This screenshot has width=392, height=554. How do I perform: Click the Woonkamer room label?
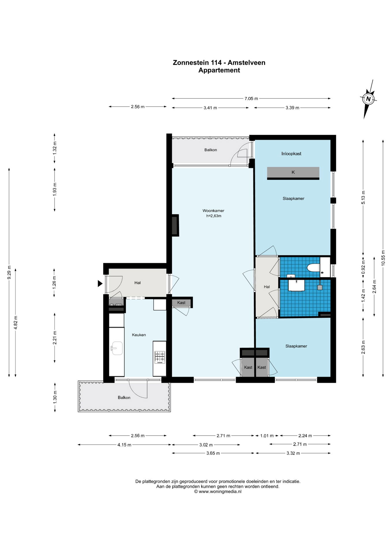coord(213,211)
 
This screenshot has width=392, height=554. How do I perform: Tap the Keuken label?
coord(139,335)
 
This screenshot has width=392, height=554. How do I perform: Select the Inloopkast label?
coord(291,154)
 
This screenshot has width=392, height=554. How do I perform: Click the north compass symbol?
coord(368,99)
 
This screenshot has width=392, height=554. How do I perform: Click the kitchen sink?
coord(117,348)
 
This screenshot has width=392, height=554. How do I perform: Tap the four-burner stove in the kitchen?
coord(160,357)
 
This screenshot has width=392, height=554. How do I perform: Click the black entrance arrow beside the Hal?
coord(100,283)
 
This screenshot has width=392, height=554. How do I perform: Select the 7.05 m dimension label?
coord(251,98)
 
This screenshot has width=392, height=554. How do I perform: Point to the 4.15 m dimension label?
coord(124,445)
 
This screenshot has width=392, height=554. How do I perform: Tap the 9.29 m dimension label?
coord(9,272)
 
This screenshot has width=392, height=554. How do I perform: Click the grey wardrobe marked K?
coord(293,173)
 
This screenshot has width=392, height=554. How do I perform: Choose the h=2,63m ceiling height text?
coord(214,216)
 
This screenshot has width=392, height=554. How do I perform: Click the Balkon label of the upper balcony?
coord(210,150)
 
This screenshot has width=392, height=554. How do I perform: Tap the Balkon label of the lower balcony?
coord(124,397)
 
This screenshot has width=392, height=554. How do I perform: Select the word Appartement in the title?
coord(219,70)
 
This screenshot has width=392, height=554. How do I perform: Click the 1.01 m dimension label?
coord(267,436)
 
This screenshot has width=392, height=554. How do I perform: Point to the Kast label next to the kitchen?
coord(181,302)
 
